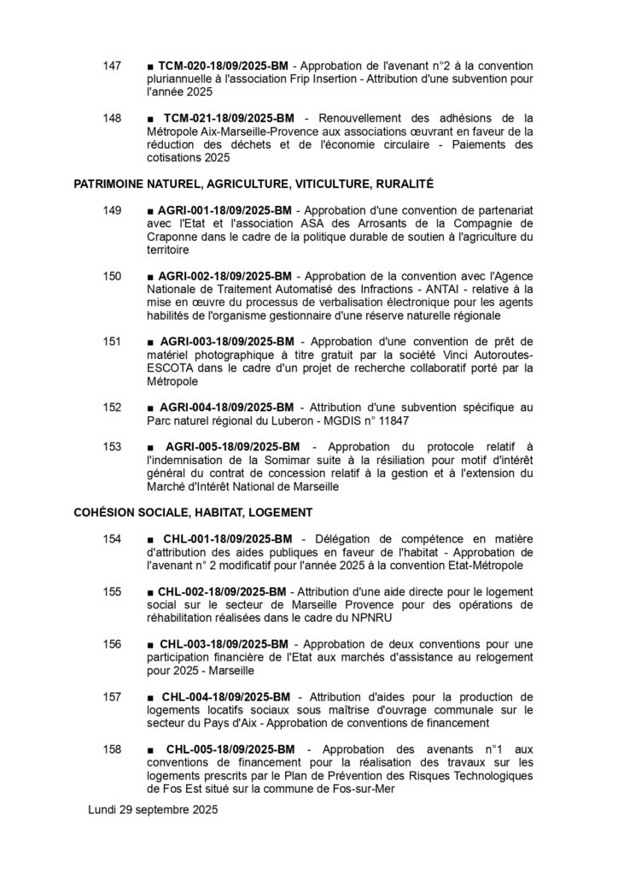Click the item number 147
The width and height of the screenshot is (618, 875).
point(112,66)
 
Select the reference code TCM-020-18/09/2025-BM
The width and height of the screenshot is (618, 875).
point(225,66)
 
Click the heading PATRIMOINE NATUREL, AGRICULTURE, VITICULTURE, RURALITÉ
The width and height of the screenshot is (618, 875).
point(254,183)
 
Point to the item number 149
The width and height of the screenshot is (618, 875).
point(112,210)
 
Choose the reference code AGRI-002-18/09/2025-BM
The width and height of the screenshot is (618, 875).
point(225,277)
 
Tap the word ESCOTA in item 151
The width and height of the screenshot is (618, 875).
point(169,368)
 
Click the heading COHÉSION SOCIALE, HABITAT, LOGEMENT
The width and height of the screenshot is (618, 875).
point(193,513)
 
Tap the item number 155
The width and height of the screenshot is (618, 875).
point(112,592)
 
